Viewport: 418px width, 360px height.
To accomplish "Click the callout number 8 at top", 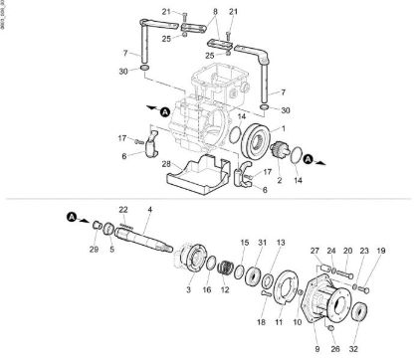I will click(214, 11).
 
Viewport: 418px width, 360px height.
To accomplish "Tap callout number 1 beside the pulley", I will click(285, 129).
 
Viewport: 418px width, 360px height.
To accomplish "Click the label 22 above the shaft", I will click(123, 210).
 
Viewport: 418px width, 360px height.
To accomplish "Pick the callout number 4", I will click(149, 210).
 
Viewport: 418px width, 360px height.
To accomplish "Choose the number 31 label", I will click(261, 244).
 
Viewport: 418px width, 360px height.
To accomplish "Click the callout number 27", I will click(314, 252).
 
